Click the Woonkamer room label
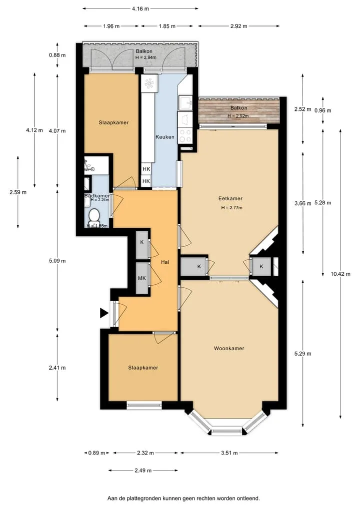click(x=229, y=348)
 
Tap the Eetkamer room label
click(x=230, y=198)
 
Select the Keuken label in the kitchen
click(x=165, y=137)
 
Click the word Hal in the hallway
click(x=165, y=262)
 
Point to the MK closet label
click(x=141, y=278)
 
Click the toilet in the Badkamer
click(x=94, y=215)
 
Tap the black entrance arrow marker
click(x=104, y=313)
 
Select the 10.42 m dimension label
click(x=340, y=274)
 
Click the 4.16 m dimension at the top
click(x=140, y=9)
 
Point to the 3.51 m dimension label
click(x=229, y=453)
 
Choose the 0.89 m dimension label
click(x=96, y=453)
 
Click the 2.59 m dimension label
click(x=18, y=192)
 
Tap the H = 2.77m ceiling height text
click(x=231, y=208)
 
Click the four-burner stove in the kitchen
click(x=185, y=135)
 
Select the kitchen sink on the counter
click(x=185, y=103)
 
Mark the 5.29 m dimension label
click(x=302, y=354)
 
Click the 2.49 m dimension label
click(x=143, y=471)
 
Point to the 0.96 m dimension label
click(x=322, y=110)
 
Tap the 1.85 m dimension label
click(x=167, y=26)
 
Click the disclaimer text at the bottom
click(x=183, y=499)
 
